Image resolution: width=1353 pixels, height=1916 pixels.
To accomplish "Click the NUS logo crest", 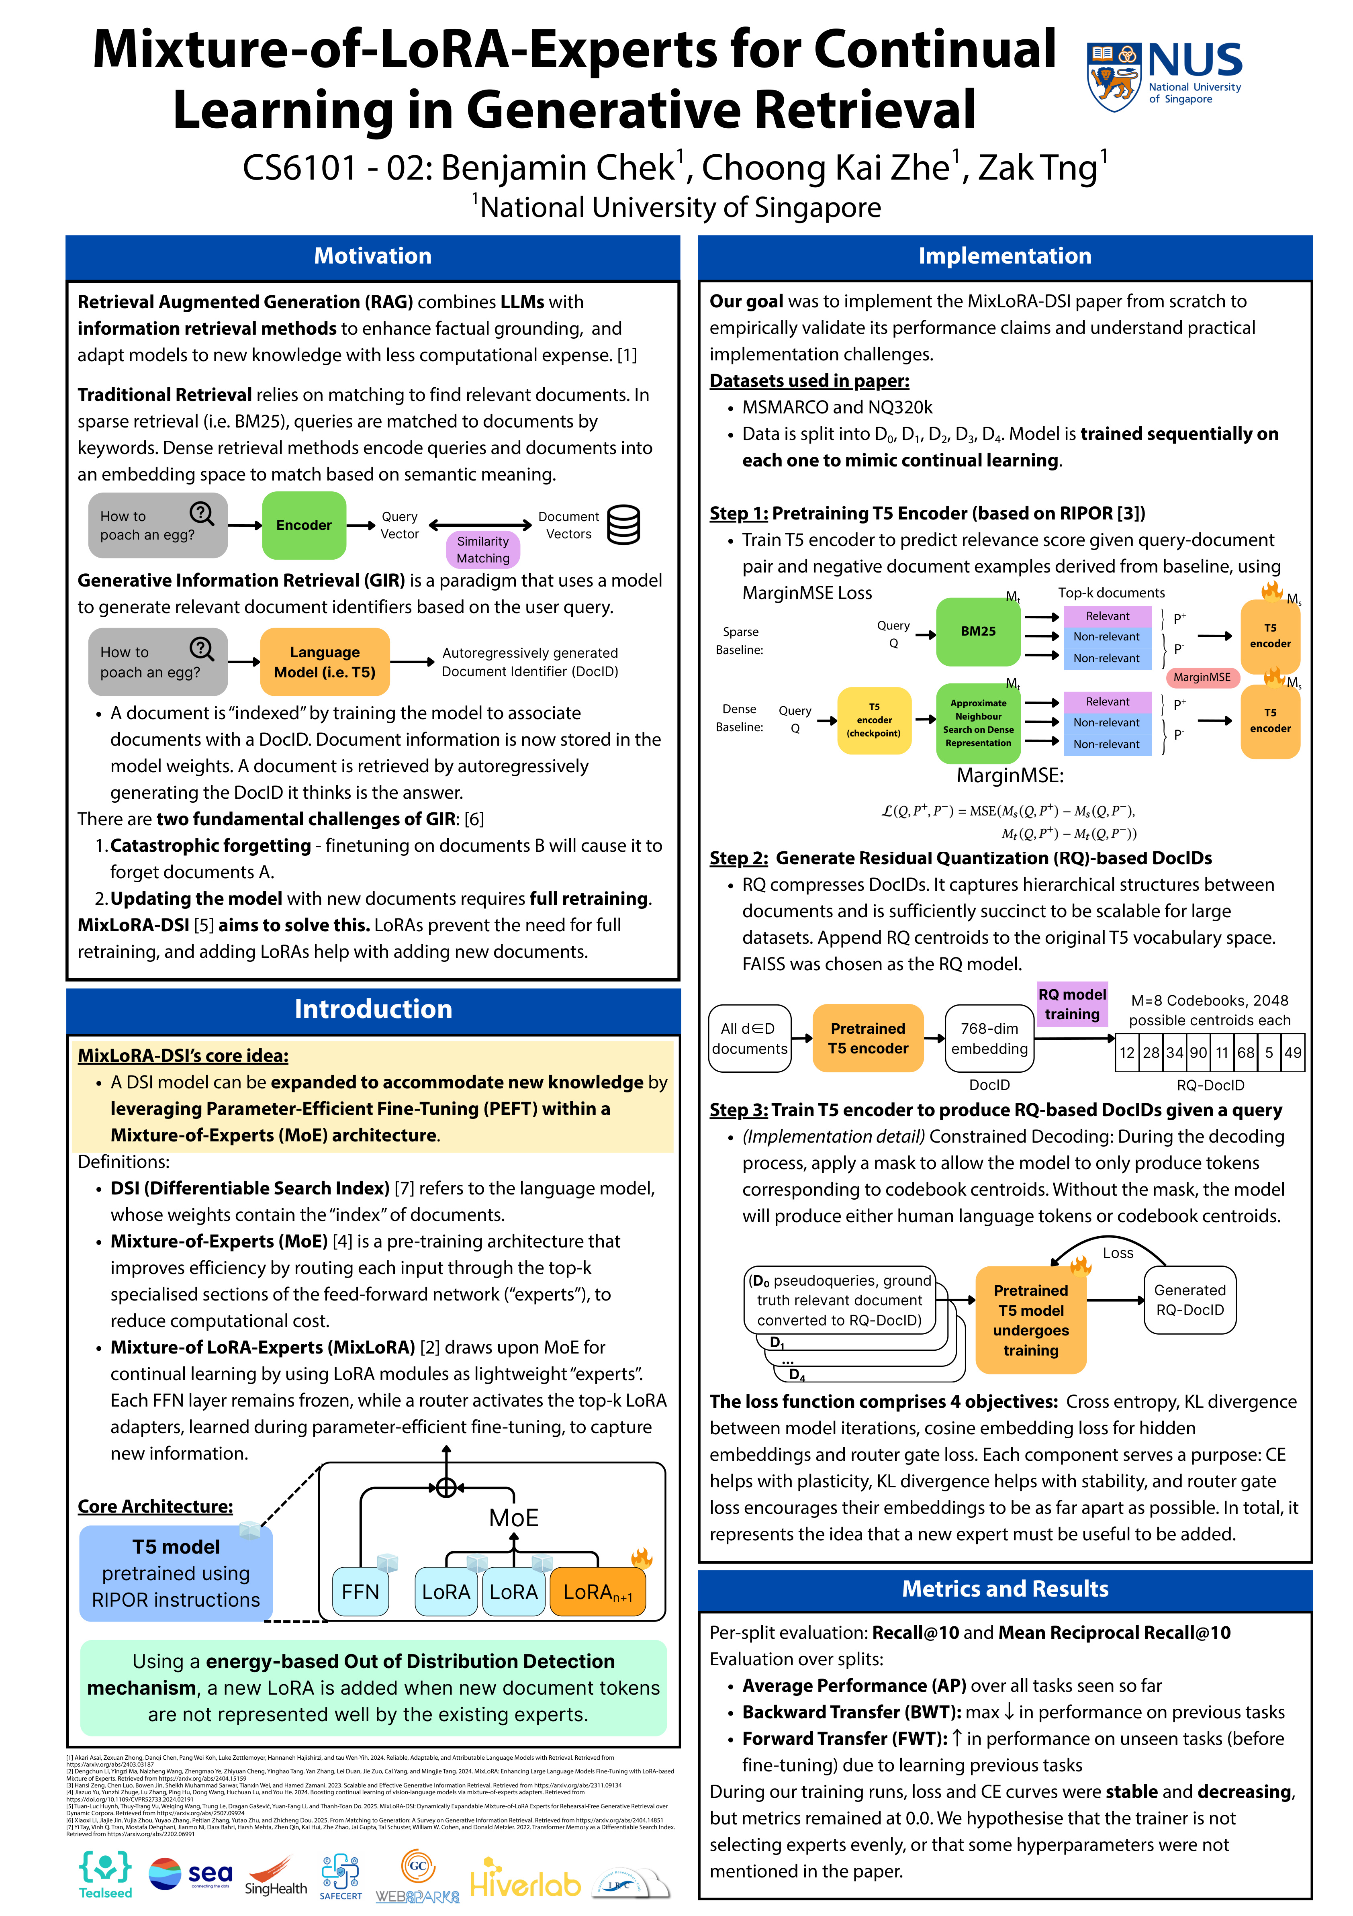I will point(1114,77).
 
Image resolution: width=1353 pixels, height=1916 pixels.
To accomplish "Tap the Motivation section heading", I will point(372,256).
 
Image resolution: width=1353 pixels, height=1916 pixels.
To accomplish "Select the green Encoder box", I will point(304,525).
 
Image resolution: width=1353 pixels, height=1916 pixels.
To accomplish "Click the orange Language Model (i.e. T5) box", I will point(325,662).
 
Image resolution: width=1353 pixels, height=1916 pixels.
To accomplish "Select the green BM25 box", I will point(978,632).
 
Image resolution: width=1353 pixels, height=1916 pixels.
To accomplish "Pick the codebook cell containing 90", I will point(1198,1052).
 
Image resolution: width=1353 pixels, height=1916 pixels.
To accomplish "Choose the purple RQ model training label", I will point(1072,1004).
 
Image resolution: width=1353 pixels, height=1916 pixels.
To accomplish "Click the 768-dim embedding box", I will point(989,1038).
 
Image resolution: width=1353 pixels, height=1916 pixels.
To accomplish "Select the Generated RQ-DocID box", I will point(1189,1299).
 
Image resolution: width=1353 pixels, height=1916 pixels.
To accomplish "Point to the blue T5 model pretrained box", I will point(176,1573).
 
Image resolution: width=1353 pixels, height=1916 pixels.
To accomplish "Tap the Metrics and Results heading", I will point(1005,1588).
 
